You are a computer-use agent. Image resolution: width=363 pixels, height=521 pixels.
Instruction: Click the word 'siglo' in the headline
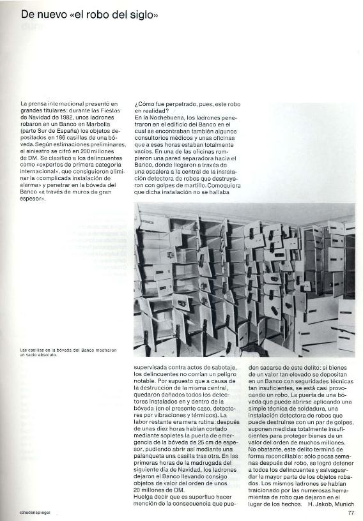[x=142, y=13]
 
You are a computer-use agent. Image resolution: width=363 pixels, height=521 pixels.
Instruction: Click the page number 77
[x=351, y=511]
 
